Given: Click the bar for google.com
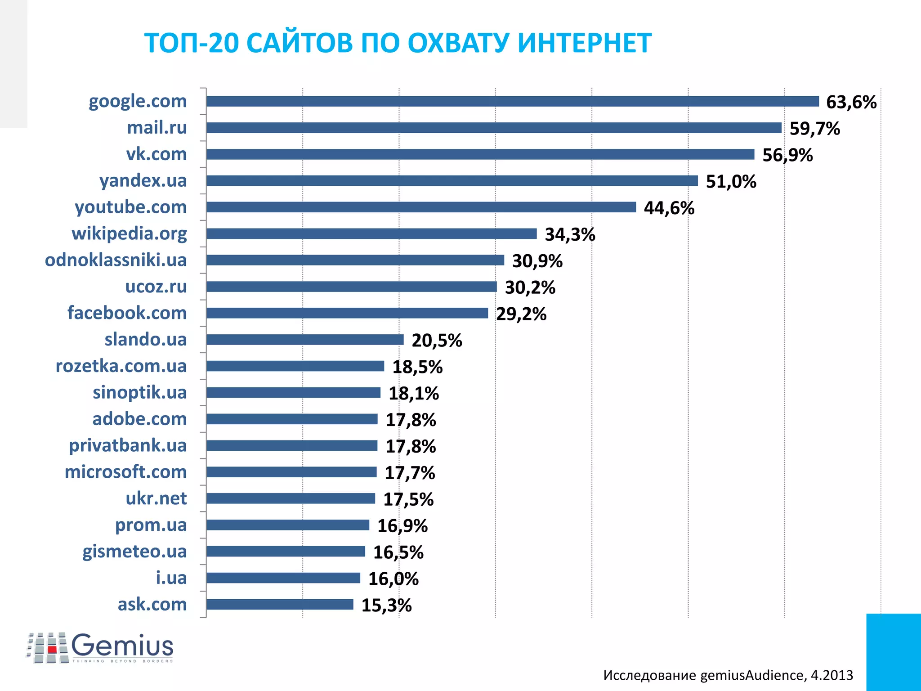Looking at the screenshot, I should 513,101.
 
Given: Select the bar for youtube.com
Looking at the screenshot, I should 421,207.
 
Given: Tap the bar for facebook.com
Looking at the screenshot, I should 347,313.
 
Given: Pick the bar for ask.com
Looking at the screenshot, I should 280,604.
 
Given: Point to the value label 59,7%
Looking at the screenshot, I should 814,129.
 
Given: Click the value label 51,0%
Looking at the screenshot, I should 731,182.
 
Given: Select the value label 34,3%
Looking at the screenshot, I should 570,234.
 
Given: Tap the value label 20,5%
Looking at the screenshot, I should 437,341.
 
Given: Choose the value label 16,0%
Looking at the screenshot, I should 393,579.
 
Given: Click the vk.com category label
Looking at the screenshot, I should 156,154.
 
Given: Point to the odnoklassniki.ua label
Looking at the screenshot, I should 116,260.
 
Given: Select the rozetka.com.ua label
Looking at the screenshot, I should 121,366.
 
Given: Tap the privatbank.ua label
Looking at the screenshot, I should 127,445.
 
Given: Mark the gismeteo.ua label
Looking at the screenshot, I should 134,552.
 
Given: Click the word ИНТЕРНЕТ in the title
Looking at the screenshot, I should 584,43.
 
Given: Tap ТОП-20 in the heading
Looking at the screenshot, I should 191,43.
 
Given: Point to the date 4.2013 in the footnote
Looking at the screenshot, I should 832,675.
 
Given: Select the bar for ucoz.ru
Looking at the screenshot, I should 352,287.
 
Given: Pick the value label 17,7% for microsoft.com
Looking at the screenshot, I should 410,473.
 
